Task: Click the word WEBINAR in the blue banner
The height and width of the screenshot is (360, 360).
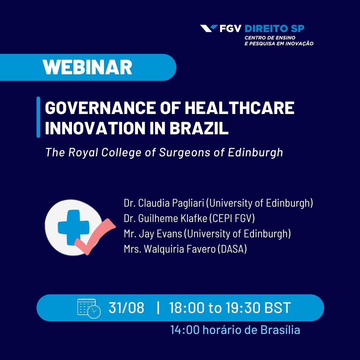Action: (87, 67)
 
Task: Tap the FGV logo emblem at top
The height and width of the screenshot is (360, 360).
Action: (209, 29)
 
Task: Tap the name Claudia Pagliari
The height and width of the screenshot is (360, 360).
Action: (169, 203)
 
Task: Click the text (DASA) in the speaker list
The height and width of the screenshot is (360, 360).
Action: (232, 249)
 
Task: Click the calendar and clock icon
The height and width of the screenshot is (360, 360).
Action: (89, 308)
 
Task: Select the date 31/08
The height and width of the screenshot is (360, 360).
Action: (126, 308)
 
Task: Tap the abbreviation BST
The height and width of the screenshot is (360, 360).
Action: (278, 308)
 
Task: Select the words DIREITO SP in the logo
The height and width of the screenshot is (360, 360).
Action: (274, 29)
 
